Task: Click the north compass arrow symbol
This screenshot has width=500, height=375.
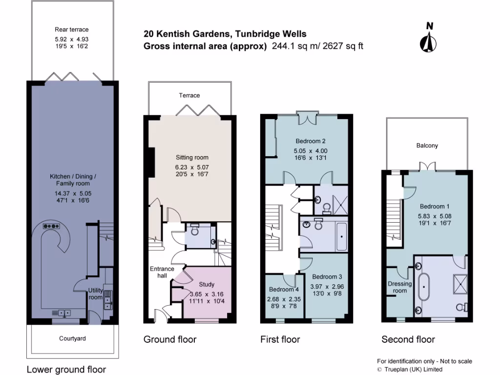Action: tap(429, 38)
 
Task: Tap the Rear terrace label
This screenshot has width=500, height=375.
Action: tap(72, 29)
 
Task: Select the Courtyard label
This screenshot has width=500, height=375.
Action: tap(72, 338)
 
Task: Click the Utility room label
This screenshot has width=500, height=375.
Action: tap(96, 294)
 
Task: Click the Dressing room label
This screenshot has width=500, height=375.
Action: tap(400, 287)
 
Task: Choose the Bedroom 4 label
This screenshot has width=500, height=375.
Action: tap(281, 289)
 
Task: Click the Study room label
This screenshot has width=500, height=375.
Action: tap(207, 284)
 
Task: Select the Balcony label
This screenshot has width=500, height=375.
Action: tap(427, 146)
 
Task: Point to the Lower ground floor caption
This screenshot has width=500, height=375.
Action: tap(66, 369)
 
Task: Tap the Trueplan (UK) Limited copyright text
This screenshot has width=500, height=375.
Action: tap(413, 370)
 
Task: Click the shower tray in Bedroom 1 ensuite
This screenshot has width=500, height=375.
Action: tap(459, 283)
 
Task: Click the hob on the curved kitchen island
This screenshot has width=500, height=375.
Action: tap(50, 226)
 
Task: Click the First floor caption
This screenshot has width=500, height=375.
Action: tap(280, 339)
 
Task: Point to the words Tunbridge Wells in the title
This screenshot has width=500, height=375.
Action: tap(271, 34)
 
